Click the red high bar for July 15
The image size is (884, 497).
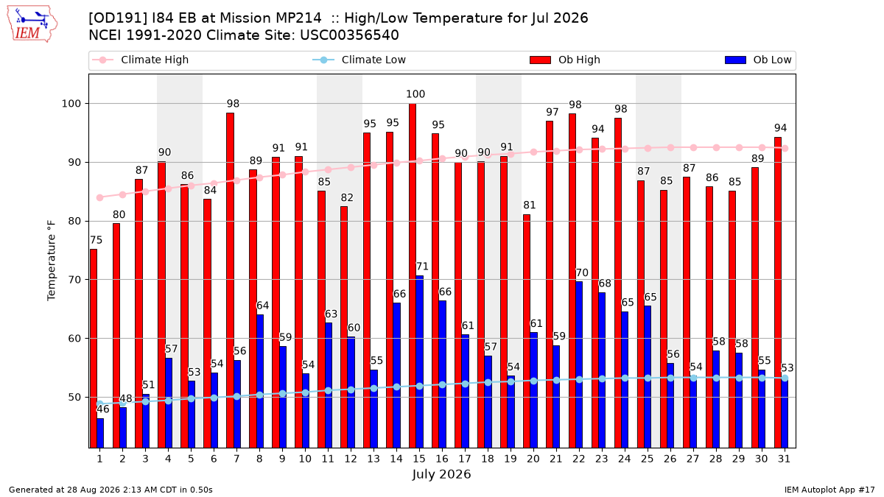413,275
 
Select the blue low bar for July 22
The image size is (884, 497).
579,365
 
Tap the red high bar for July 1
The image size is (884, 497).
94,349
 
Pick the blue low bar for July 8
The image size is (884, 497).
259,381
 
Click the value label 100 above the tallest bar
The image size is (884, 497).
415,94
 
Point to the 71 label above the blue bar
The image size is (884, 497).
422,267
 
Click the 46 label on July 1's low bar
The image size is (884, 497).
103,409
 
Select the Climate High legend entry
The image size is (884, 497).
141,60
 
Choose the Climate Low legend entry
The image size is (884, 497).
359,60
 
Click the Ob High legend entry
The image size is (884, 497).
565,60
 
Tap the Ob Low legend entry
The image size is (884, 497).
758,60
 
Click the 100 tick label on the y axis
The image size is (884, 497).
71,104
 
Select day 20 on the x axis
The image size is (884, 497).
533,459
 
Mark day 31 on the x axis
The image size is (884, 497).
784,459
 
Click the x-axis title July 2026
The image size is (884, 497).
441,474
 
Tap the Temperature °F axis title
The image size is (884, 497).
52,261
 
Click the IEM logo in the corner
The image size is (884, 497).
32,24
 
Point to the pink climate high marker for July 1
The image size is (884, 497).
100,197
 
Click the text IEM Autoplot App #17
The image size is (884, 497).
829,490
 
